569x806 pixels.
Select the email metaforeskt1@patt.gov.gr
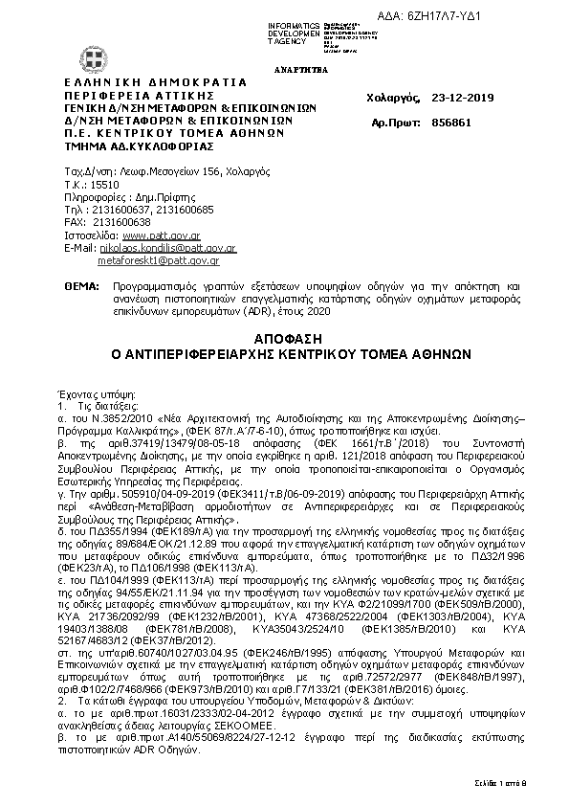(159, 259)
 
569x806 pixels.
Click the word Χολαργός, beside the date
(392, 97)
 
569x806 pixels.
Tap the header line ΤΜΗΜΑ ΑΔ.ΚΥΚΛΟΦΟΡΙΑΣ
(140, 146)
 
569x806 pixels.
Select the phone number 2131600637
(121, 209)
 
